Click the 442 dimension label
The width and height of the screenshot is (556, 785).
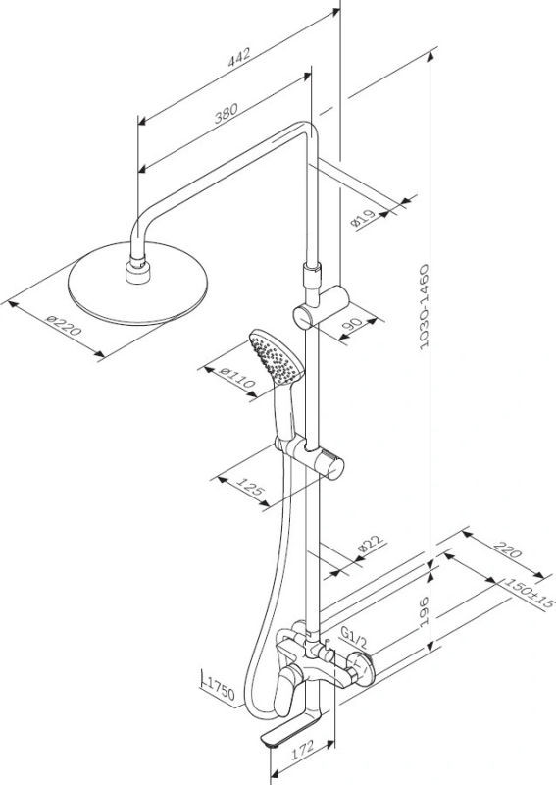(x=238, y=57)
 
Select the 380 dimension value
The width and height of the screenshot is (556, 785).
(x=227, y=113)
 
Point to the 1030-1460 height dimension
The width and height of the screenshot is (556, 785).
(x=424, y=307)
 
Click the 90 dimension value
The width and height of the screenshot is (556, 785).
(x=355, y=325)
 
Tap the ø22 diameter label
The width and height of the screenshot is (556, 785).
(x=371, y=544)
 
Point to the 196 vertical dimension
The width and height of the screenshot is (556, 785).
(x=424, y=611)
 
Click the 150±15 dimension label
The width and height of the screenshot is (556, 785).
(x=530, y=593)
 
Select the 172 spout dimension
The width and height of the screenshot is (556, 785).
(x=302, y=749)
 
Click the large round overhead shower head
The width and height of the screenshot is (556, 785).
(x=137, y=284)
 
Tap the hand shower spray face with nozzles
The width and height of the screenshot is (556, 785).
(x=276, y=356)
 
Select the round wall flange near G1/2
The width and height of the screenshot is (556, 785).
(x=363, y=668)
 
